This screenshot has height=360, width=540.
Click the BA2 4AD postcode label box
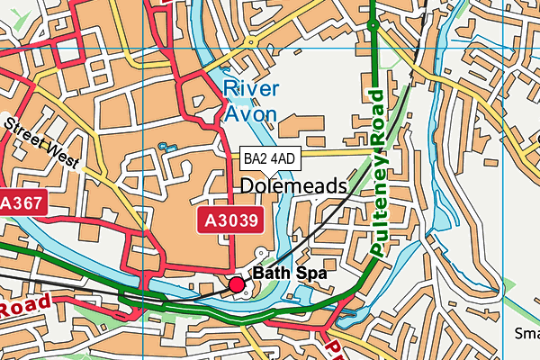click(270, 158)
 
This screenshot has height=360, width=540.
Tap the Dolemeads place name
click(293, 186)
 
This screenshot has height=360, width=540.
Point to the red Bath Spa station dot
click(237, 285)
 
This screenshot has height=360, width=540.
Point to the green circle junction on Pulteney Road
click(372, 26)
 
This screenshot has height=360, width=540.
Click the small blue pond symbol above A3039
click(164, 146)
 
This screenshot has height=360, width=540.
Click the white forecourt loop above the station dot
click(262, 256)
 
